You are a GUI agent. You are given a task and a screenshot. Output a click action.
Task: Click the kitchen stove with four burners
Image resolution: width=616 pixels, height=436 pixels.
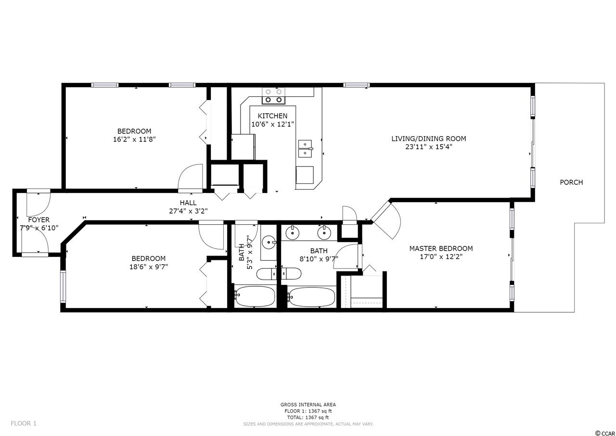click(x=273, y=96)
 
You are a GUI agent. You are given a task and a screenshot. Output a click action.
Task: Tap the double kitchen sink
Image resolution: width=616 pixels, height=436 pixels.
click(x=305, y=148)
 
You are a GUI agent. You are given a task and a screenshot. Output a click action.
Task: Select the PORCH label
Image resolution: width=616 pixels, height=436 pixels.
click(x=571, y=182)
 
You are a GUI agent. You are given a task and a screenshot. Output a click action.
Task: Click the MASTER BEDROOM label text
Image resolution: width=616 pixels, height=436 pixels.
click(x=441, y=248)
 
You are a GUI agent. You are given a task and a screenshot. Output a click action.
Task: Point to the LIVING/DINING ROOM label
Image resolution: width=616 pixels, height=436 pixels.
click(x=429, y=139)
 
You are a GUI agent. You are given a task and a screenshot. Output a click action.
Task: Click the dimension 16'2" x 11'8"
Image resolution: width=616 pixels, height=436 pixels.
click(x=134, y=139)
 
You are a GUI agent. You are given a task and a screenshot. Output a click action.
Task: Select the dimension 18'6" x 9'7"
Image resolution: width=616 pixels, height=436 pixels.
click(x=149, y=267)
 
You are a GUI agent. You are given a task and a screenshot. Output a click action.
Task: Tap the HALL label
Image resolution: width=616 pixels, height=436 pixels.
click(x=188, y=203)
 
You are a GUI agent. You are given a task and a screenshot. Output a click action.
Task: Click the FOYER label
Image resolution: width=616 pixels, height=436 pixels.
click(x=39, y=220)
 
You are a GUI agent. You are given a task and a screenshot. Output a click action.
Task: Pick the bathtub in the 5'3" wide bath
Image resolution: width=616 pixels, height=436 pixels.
click(x=255, y=296)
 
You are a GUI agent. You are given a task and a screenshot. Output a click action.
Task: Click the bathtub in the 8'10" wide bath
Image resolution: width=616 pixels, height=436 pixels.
click(x=311, y=297)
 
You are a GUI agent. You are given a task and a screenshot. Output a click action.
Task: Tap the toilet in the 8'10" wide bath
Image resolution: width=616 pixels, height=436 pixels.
click(x=291, y=273)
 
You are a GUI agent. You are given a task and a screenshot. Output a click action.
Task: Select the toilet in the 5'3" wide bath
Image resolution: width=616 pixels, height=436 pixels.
click(x=267, y=274)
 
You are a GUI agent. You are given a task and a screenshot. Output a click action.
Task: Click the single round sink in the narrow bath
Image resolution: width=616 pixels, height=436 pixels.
click(x=268, y=243)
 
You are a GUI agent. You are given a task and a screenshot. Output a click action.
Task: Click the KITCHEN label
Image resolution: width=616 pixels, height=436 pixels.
click(x=272, y=115)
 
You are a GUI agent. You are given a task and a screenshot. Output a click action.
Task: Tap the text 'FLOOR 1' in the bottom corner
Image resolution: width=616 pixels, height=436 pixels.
click(x=24, y=423)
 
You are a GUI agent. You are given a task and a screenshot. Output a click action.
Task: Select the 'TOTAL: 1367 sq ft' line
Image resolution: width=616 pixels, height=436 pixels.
click(x=308, y=417)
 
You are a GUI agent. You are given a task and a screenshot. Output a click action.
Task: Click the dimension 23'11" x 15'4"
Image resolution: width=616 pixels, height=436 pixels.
click(x=429, y=147)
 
